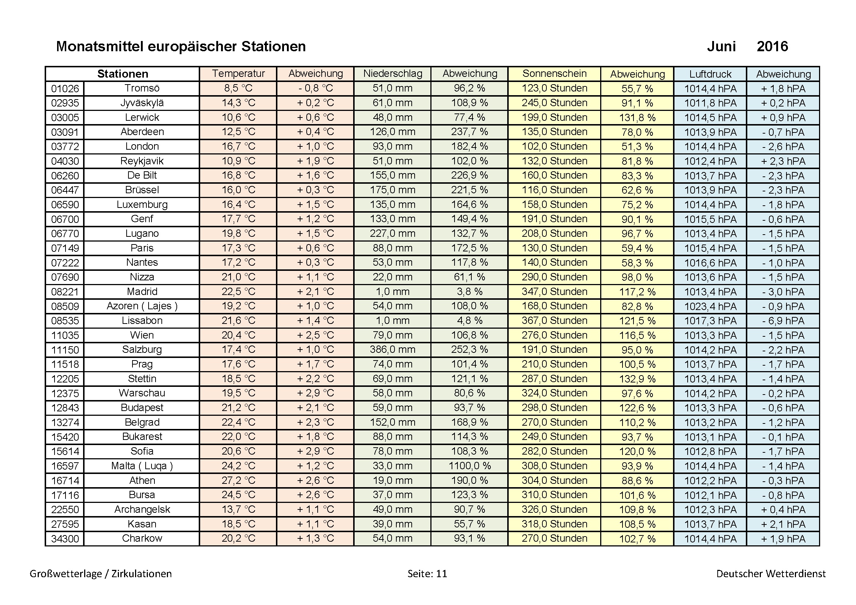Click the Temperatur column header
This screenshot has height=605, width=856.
pos(238,74)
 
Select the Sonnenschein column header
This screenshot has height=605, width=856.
pos(554,74)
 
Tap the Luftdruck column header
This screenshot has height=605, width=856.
pos(710,74)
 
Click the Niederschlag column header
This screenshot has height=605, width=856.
pos(393,74)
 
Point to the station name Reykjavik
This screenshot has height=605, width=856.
pos(142,161)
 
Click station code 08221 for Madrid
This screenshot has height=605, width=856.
pos(65,292)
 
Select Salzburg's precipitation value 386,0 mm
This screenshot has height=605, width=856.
pos(392,350)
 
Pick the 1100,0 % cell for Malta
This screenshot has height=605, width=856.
pos(470,466)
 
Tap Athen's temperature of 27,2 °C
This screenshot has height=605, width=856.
pos(238,481)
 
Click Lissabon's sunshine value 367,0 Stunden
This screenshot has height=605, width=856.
pos(554,321)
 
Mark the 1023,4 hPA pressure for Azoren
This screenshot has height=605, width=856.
pos(710,306)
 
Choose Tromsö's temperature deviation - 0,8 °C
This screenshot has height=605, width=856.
pos(315,88)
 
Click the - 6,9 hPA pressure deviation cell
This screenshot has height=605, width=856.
pos(783,321)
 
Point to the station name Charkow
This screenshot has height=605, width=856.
pos(142,539)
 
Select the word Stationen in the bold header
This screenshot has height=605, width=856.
pos(122,74)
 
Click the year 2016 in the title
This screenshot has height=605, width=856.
pos(772,46)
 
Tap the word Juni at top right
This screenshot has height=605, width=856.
pos(721,46)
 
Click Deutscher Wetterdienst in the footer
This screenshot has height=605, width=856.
pos(771,574)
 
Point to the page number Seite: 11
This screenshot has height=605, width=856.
pos(427,574)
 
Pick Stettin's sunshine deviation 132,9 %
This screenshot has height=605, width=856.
pos(637,379)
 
